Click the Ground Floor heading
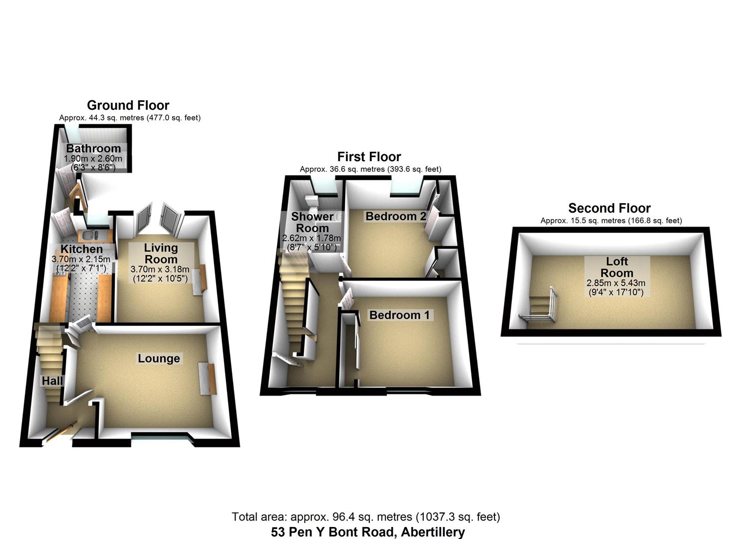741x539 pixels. tap(128, 105)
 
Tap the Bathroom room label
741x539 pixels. tap(93, 148)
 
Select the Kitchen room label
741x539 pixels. tap(82, 249)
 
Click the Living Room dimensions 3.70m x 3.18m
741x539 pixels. tap(160, 269)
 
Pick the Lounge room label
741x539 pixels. tap(159, 358)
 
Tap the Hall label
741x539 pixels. tap(52, 381)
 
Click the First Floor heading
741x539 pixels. tap(369, 157)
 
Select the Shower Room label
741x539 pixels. tap(312, 222)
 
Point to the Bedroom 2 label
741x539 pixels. tap(396, 216)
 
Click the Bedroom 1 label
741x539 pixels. tap(399, 315)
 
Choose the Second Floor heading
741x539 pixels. tap(609, 208)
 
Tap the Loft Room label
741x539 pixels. tap(617, 267)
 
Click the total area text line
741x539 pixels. tap(365, 517)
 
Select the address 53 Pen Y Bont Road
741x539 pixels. tap(368, 532)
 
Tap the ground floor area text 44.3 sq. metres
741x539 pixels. tap(130, 118)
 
